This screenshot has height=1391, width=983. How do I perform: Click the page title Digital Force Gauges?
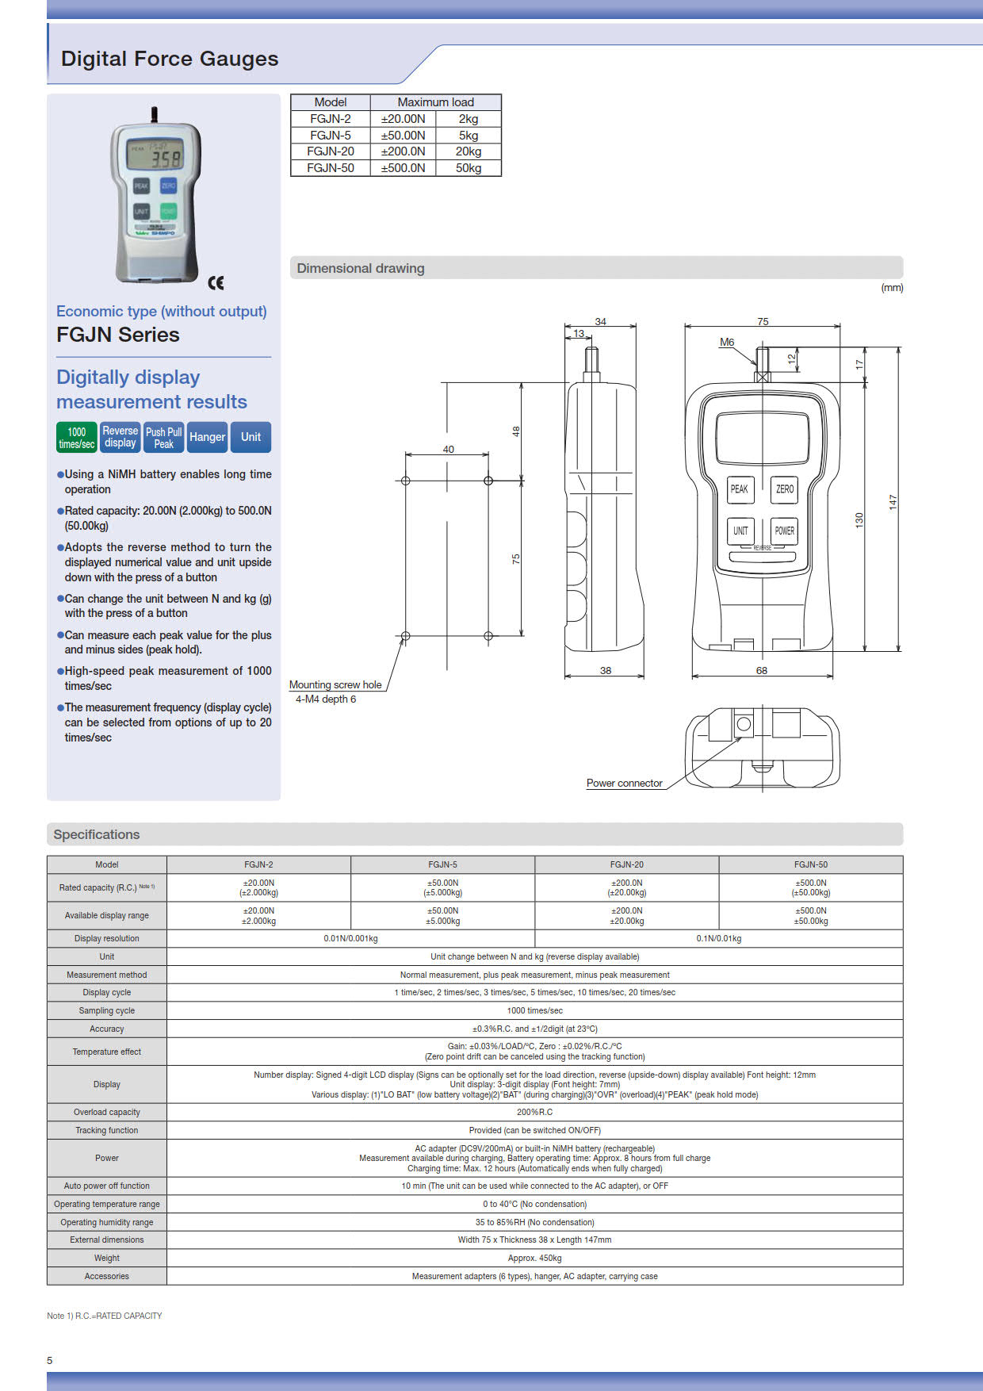(170, 59)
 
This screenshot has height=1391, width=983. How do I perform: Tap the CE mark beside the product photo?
(216, 283)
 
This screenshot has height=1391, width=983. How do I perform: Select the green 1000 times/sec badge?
(77, 438)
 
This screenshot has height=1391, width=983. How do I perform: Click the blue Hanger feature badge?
(207, 437)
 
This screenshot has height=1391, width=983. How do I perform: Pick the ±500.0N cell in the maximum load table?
(403, 168)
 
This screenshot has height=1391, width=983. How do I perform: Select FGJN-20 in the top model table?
(331, 151)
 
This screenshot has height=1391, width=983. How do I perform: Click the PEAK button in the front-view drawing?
(740, 489)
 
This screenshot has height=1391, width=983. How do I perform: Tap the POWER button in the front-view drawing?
(784, 531)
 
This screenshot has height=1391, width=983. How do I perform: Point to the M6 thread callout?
(726, 342)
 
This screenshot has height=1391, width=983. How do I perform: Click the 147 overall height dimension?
(893, 501)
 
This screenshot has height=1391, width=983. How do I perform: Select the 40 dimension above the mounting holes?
(448, 449)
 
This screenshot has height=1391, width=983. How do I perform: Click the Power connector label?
(624, 783)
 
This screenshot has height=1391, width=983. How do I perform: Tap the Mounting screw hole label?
(335, 684)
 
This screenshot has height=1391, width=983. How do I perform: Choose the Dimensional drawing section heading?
(361, 268)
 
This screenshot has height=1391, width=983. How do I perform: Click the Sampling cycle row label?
(107, 1010)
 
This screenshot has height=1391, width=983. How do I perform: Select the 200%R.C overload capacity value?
(534, 1112)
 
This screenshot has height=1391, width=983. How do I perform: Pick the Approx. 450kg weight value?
(534, 1258)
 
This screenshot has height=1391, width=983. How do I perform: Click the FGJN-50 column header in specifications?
(810, 864)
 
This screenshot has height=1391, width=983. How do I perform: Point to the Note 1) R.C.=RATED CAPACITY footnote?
(104, 1316)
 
